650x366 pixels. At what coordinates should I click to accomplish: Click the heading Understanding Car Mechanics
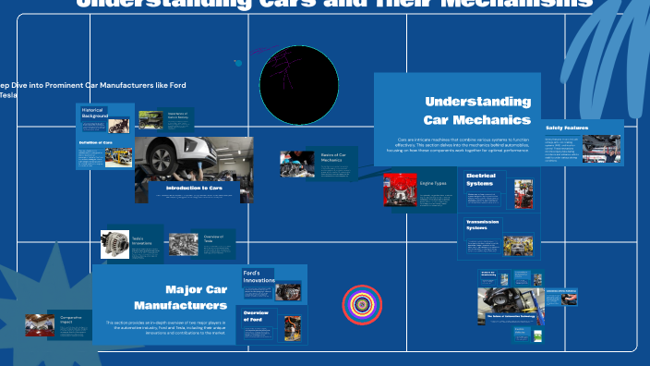476,110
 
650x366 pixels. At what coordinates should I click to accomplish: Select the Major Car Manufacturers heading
180,297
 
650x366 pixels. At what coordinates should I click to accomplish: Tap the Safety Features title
567,128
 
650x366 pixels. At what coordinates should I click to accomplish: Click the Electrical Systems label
480,179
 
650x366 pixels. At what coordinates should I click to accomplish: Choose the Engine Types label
433,184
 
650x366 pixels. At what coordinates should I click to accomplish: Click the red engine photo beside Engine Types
400,189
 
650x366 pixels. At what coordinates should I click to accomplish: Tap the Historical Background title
93,113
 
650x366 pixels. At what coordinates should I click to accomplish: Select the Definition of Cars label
96,142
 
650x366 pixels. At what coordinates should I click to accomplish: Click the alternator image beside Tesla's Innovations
114,244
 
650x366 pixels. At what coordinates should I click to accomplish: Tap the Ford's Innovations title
259,276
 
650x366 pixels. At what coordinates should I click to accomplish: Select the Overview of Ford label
255,315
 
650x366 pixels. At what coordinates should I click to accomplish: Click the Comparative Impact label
71,320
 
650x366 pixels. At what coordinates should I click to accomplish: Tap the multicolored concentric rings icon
362,304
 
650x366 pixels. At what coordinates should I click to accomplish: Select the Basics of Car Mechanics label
332,157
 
